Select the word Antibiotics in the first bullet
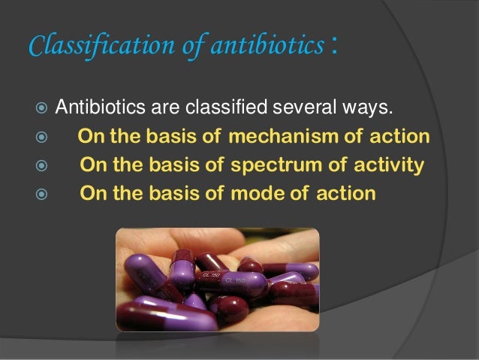coord(101,110)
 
